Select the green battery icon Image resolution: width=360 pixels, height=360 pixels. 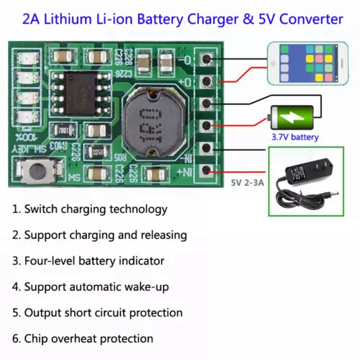coord(292,116)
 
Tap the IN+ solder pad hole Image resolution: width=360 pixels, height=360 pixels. coord(207,170)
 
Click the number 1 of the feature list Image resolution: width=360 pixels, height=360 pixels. coord(15,210)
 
